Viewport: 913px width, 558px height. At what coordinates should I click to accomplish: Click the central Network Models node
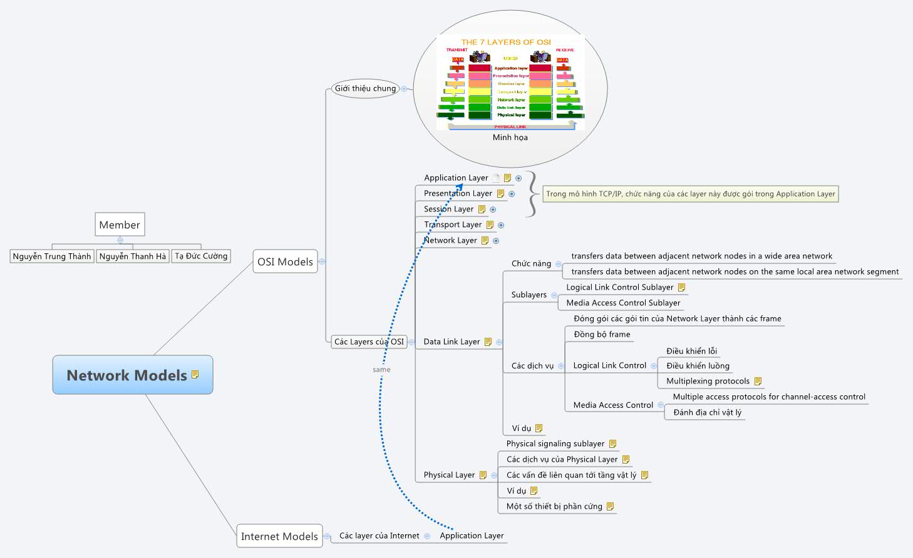(x=127, y=375)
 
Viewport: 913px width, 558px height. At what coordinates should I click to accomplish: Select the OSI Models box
(x=285, y=262)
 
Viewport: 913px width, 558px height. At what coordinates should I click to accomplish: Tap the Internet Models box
(x=279, y=536)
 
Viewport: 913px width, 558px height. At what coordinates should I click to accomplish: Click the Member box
(x=120, y=225)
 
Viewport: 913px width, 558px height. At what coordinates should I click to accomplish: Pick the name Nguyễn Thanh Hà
(x=133, y=256)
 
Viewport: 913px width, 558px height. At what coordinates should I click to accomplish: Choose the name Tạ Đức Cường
(x=201, y=256)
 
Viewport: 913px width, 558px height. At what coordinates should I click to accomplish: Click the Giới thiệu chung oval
(x=365, y=88)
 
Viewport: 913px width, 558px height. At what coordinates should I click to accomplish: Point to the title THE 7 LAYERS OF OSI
(x=506, y=42)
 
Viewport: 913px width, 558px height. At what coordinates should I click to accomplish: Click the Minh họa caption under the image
(x=510, y=138)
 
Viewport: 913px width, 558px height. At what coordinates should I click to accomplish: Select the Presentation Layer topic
(x=458, y=193)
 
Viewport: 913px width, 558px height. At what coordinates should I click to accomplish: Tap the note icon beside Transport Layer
(x=490, y=225)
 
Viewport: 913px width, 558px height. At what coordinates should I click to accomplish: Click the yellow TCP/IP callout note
(x=690, y=194)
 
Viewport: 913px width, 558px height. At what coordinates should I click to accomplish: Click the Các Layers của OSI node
(x=369, y=342)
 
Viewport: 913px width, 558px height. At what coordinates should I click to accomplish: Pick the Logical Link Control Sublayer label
(x=619, y=287)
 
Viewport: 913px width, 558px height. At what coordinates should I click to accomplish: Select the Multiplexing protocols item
(x=708, y=381)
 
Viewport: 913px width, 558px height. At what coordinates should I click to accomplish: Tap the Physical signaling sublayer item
(x=555, y=444)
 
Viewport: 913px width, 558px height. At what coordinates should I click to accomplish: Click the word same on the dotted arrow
(x=381, y=370)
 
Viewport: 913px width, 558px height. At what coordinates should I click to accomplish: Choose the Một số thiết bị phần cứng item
(x=554, y=506)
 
